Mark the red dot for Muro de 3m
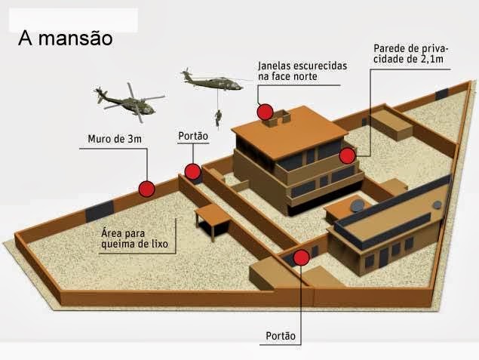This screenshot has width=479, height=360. [147, 189]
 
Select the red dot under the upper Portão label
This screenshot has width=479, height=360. [192, 172]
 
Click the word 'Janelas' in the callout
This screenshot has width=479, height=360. [275, 65]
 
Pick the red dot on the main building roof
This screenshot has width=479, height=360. [265, 112]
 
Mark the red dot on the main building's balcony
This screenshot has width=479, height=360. [347, 155]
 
